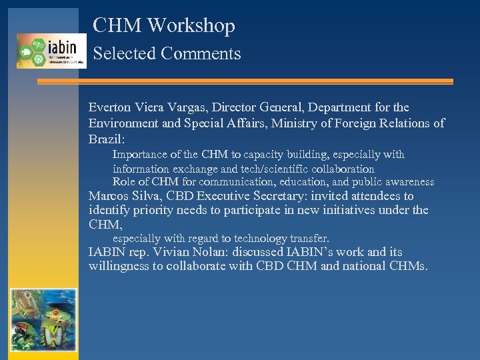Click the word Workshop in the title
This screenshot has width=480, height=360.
click(191, 26)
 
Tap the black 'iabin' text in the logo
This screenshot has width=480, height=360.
click(62, 46)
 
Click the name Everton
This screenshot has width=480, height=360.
click(111, 107)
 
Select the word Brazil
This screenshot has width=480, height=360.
click(109, 140)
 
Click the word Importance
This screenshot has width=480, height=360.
click(141, 155)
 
